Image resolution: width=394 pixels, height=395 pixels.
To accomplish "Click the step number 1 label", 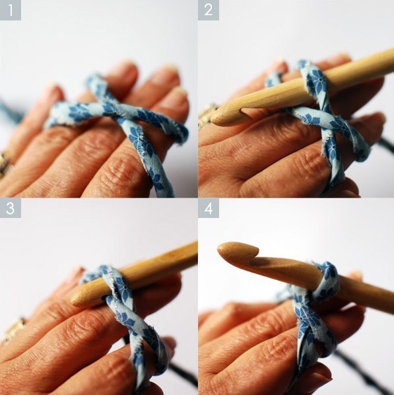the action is tap(11, 10).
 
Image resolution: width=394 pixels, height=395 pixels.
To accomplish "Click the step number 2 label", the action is tap(208, 10).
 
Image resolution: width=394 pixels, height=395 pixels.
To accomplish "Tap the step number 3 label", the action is tap(11, 208).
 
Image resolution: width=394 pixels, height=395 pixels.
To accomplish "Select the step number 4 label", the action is tap(208, 208).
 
